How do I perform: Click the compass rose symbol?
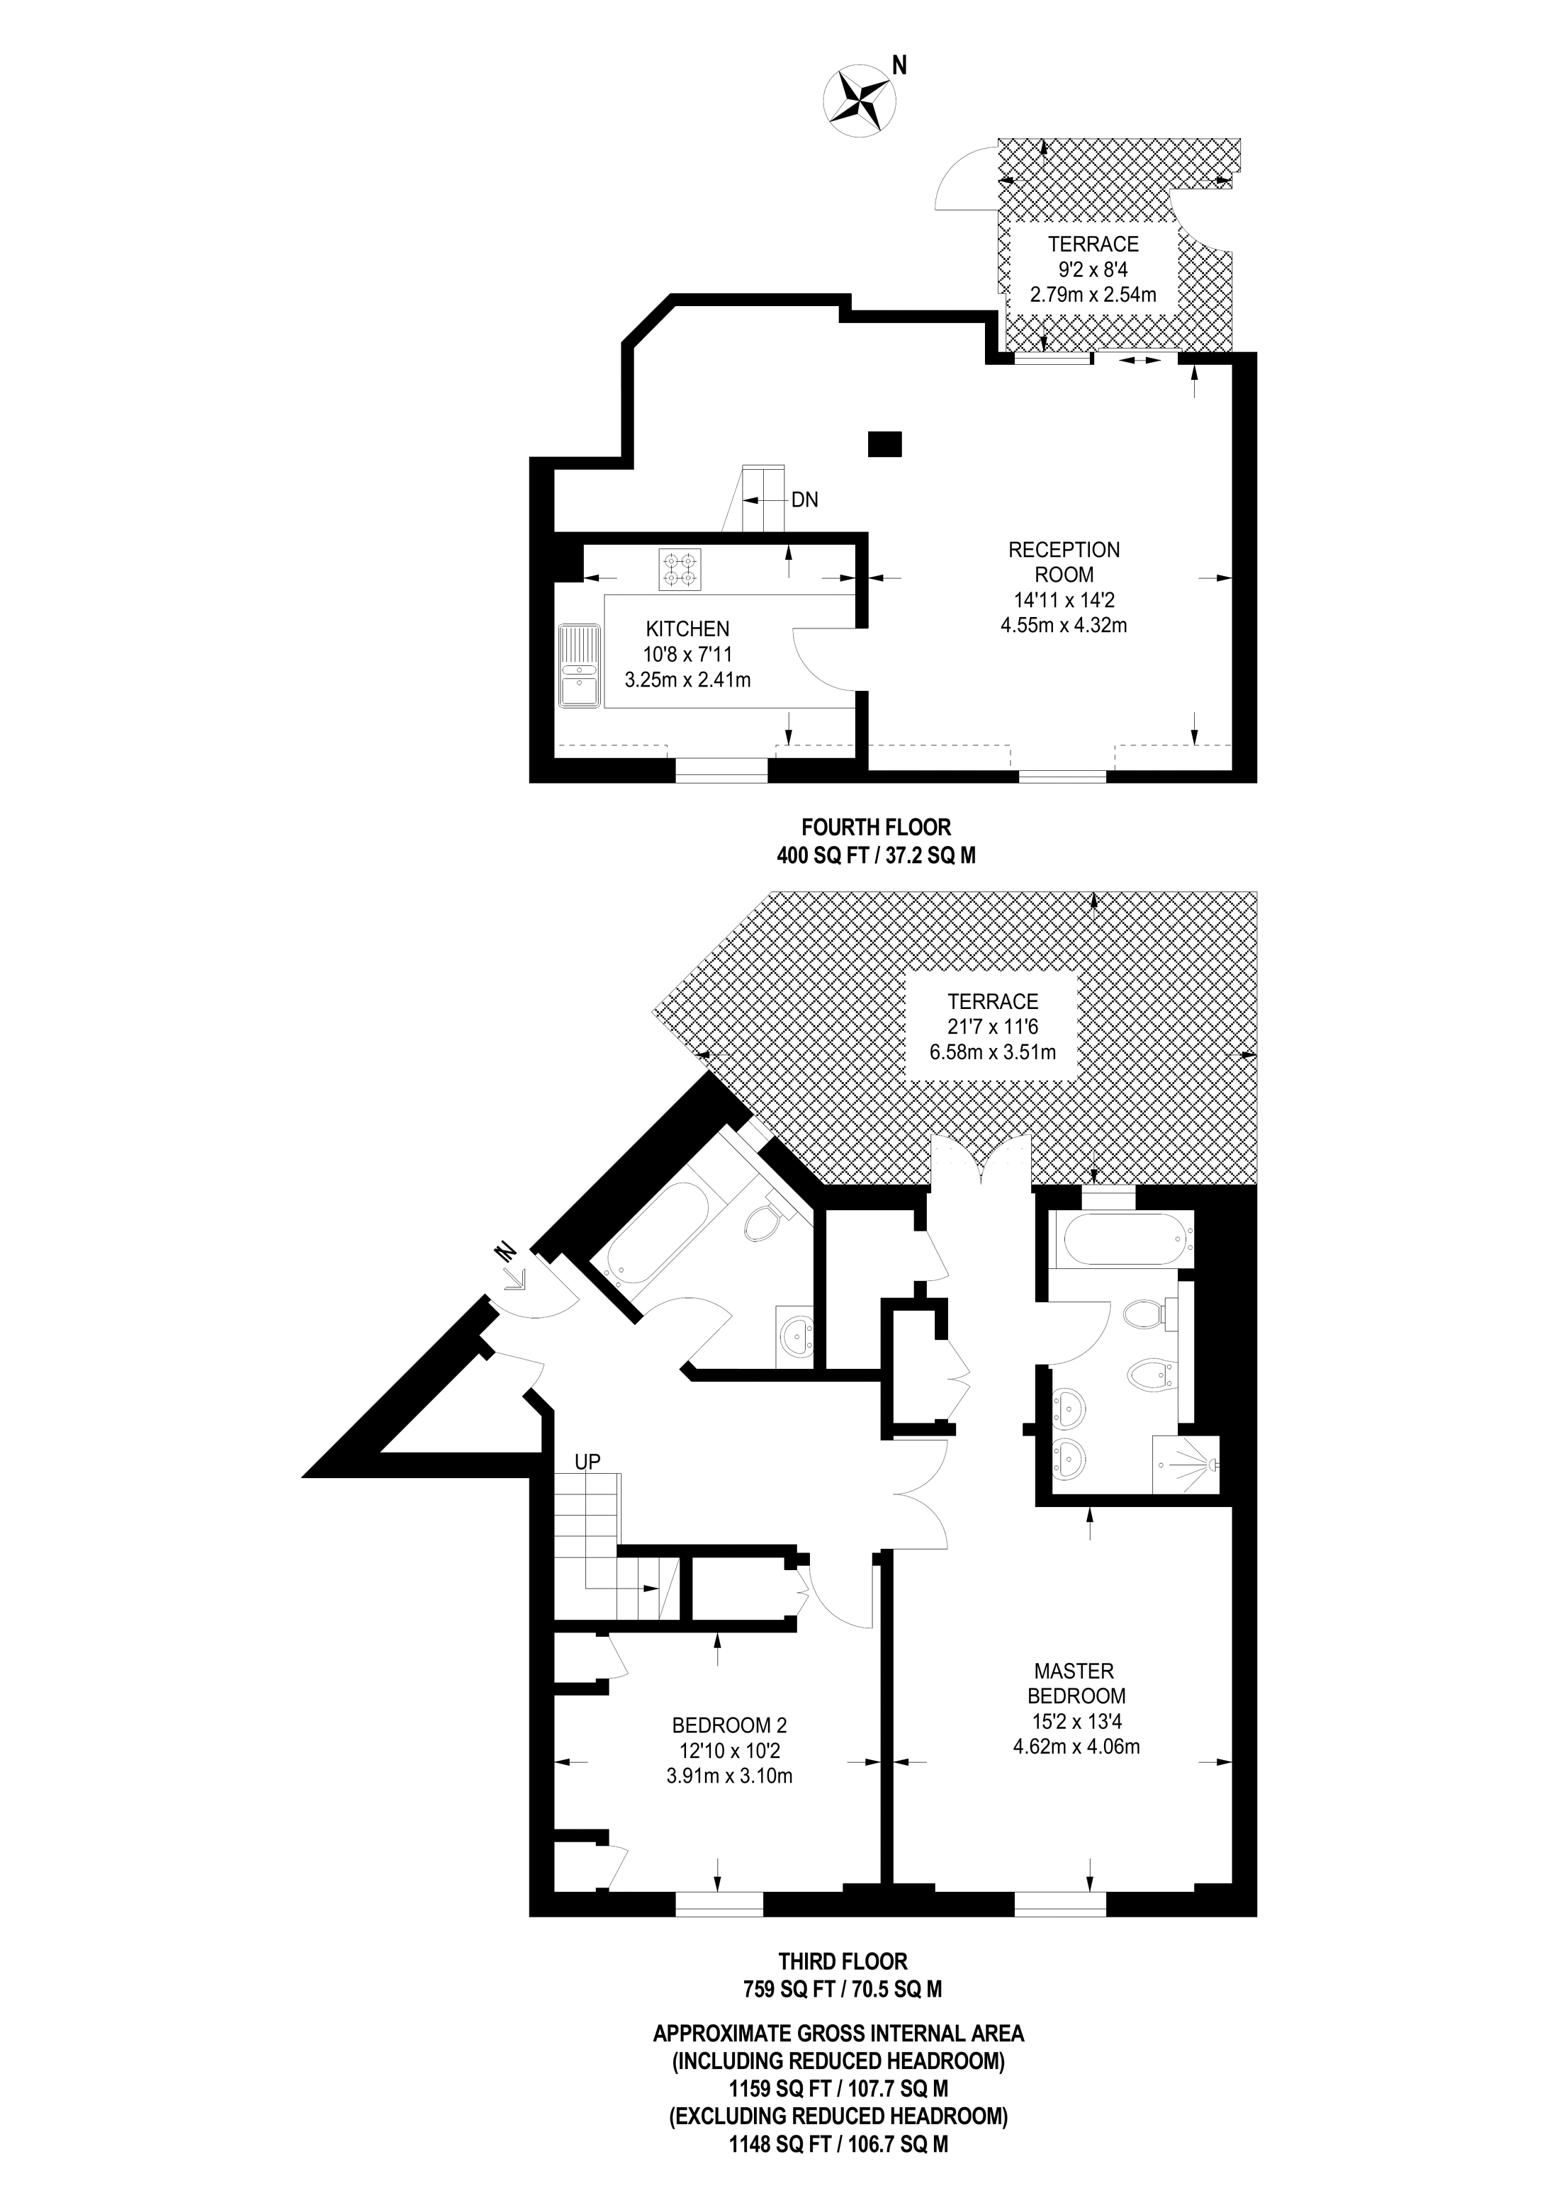click(860, 98)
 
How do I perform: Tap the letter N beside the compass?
click(899, 65)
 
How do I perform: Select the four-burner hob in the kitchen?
click(680, 568)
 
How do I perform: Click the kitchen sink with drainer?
click(579, 665)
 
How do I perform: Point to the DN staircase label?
click(804, 500)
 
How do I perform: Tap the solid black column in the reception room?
click(884, 444)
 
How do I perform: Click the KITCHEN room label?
click(688, 629)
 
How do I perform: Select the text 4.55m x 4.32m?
click(1064, 625)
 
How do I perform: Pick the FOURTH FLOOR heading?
click(876, 827)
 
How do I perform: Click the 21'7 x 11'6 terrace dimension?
click(992, 1027)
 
